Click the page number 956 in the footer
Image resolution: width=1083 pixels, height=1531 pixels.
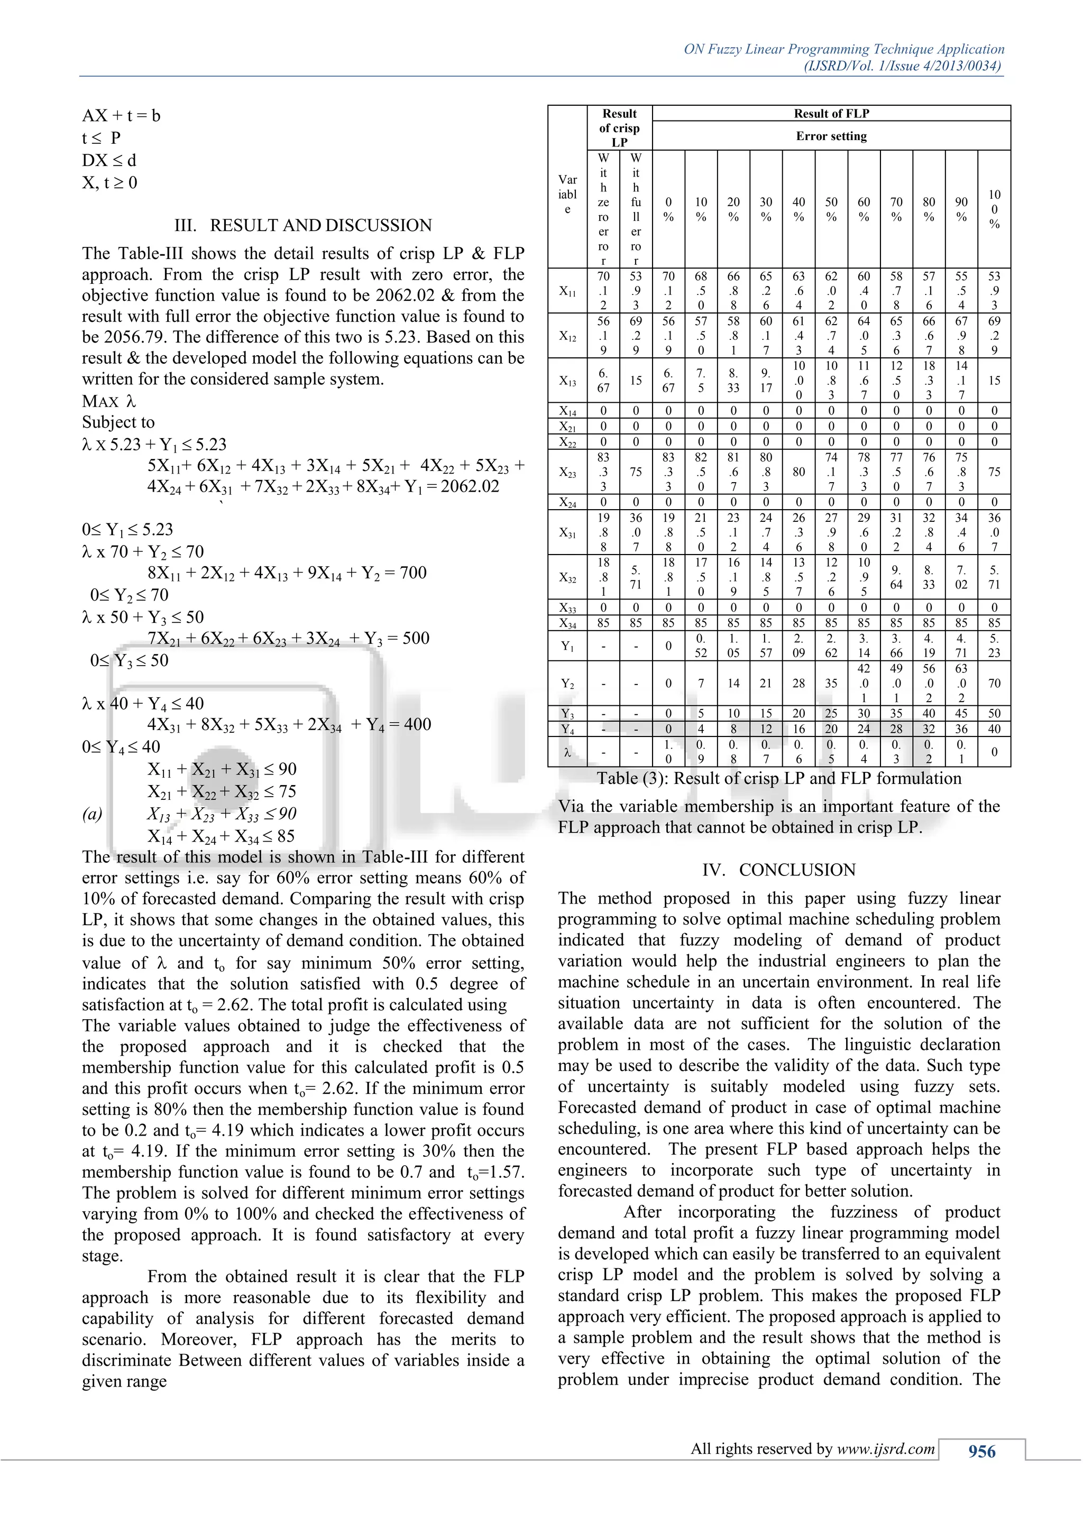tap(981, 1451)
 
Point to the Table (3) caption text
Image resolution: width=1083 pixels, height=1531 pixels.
tap(778, 778)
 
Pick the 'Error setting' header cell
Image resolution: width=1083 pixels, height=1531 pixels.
tap(831, 136)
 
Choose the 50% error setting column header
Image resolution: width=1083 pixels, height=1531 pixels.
tap(831, 209)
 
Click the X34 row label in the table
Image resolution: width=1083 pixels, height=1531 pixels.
tap(567, 623)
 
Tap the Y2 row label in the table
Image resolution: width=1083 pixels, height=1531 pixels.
tap(567, 684)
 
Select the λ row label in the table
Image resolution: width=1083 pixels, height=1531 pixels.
tap(567, 752)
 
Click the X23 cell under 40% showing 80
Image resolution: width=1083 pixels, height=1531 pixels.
tap(799, 472)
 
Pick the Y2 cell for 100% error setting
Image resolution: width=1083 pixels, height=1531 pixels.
tap(994, 684)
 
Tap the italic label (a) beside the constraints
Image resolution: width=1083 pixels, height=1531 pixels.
tap(92, 814)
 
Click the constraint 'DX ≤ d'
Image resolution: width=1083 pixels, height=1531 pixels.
tap(109, 161)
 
